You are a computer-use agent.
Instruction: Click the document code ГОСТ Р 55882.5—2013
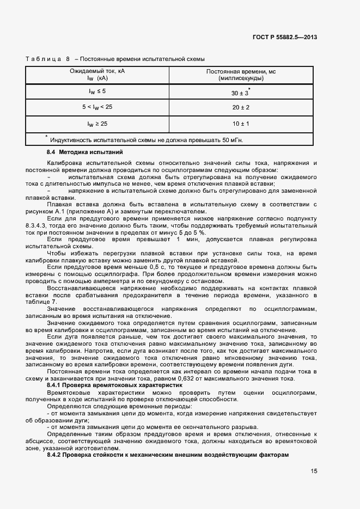click(x=285, y=38)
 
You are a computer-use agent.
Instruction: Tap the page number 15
click(x=314, y=471)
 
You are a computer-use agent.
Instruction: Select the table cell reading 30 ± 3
click(x=240, y=93)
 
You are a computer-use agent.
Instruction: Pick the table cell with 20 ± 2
click(x=240, y=107)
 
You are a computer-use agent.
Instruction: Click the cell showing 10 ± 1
click(x=240, y=124)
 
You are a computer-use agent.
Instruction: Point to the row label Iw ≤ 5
click(x=97, y=91)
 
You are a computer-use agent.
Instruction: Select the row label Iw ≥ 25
click(x=97, y=124)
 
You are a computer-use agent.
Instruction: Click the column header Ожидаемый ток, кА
click(x=97, y=72)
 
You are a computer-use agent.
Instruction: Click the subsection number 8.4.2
click(x=56, y=454)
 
